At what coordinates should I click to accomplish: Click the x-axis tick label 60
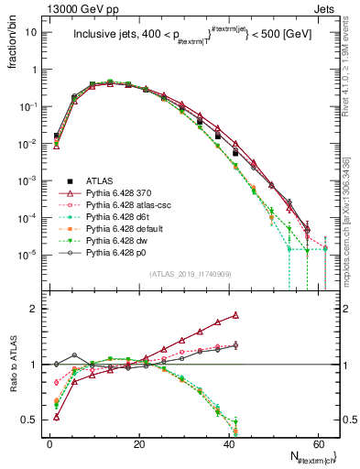click(x=317, y=443)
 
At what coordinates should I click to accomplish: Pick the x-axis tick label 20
click(x=138, y=443)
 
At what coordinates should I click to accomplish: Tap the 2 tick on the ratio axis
click(x=34, y=309)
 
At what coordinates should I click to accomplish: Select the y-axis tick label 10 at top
click(x=31, y=32)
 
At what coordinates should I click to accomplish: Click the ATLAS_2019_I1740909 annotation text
click(x=178, y=273)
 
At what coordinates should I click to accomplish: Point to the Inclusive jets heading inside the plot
click(x=192, y=37)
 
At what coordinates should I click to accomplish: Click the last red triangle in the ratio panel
click(x=236, y=315)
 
